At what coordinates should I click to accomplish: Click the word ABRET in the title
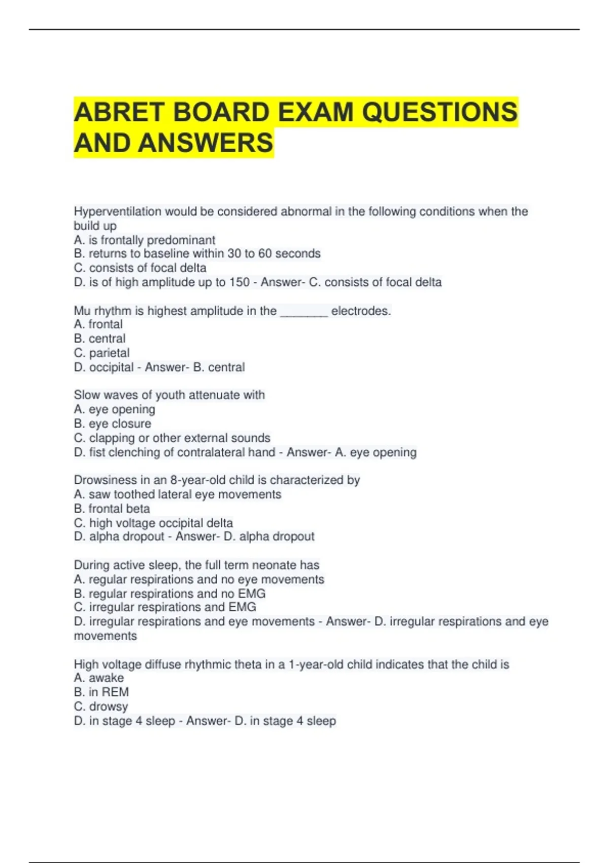[x=120, y=112]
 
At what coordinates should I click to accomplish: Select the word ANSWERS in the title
[x=206, y=143]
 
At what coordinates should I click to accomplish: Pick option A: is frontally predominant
[x=145, y=240]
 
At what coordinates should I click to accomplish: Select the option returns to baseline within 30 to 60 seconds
[x=197, y=254]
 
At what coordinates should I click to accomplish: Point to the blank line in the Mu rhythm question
[x=303, y=311]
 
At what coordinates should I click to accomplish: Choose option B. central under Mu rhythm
[x=99, y=339]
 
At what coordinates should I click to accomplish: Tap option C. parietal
[x=101, y=353]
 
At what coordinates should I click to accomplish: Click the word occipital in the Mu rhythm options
[x=112, y=367]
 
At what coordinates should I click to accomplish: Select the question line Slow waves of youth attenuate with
[x=169, y=395]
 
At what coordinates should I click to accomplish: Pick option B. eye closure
[x=112, y=424]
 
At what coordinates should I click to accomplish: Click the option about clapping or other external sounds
[x=172, y=438]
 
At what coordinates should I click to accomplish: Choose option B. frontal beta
[x=112, y=509]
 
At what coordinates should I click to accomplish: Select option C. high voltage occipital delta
[x=153, y=523]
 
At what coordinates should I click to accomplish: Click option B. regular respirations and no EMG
[x=170, y=593]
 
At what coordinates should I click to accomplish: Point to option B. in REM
[x=101, y=692]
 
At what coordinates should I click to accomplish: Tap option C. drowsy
[x=100, y=706]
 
